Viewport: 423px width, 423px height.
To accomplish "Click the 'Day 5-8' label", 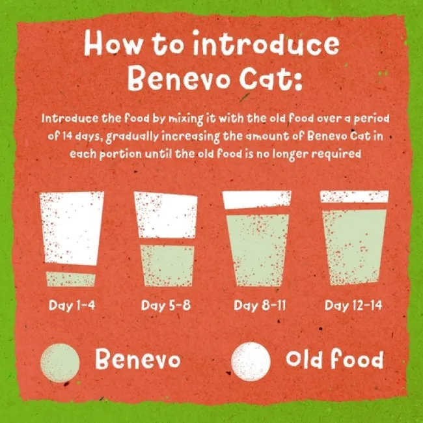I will coord(165,305).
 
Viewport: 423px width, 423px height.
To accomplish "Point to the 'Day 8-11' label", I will coord(258,305).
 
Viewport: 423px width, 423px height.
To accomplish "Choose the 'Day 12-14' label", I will coord(354,305).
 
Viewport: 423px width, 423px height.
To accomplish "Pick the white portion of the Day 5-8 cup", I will coord(165,215).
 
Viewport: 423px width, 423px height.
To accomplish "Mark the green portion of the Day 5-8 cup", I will coord(165,266).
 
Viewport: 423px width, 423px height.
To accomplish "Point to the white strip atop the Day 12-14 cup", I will coord(354,197).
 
